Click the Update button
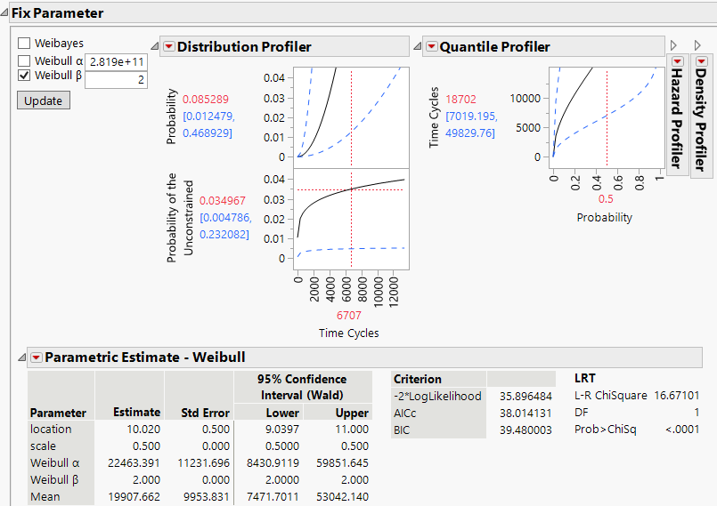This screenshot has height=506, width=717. [x=43, y=100]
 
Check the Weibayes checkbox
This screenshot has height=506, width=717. [x=24, y=43]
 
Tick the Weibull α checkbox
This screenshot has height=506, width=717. [x=24, y=60]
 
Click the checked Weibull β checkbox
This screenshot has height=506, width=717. [x=24, y=76]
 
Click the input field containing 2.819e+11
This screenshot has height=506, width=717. [x=116, y=62]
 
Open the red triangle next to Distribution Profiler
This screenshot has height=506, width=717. [x=168, y=47]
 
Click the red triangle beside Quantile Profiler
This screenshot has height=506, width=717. [x=431, y=47]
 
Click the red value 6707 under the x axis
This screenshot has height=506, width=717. [x=349, y=315]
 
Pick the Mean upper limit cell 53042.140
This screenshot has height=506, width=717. [x=340, y=496]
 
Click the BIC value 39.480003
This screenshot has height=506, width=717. [x=521, y=430]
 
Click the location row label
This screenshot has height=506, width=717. [x=50, y=429]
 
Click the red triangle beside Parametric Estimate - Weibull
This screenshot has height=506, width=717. [x=37, y=357]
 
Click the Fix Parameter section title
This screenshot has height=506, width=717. [x=57, y=13]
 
